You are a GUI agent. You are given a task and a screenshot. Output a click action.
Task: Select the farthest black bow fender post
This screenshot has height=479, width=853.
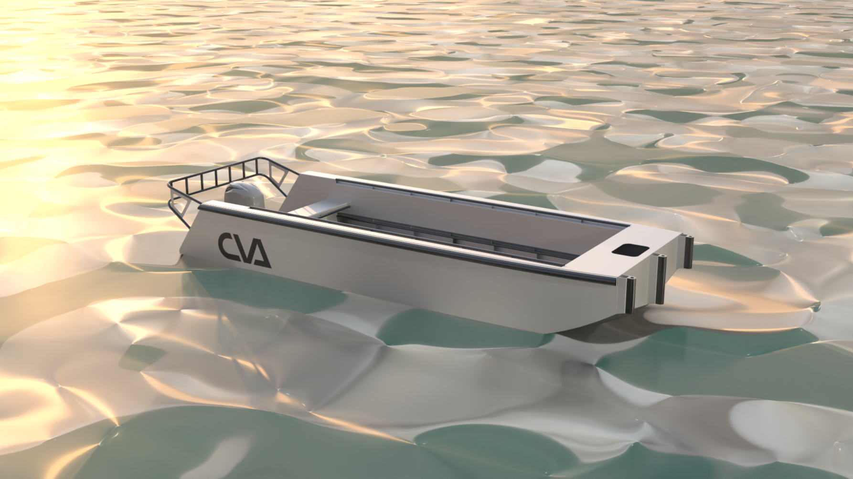click(x=688, y=252)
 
